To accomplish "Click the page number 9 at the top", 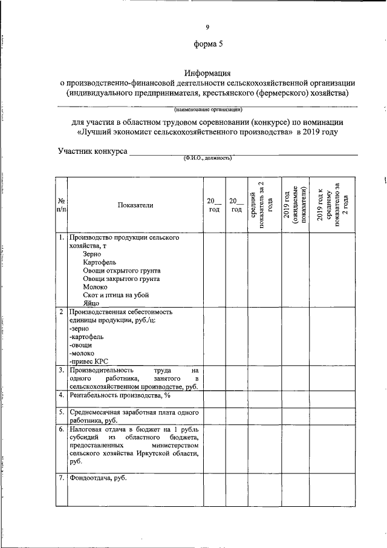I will pos(207,26).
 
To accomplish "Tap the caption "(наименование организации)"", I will pos(207,110).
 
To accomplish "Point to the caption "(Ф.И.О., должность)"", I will pos(207,158).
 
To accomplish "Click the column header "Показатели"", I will pos(135,205).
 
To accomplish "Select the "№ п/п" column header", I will pos(61,205).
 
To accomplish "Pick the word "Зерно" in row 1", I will pos(93,254).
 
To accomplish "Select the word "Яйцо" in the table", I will pos(91,303).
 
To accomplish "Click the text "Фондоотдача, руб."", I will pos(99,478).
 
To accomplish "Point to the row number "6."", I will pos(61,429).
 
